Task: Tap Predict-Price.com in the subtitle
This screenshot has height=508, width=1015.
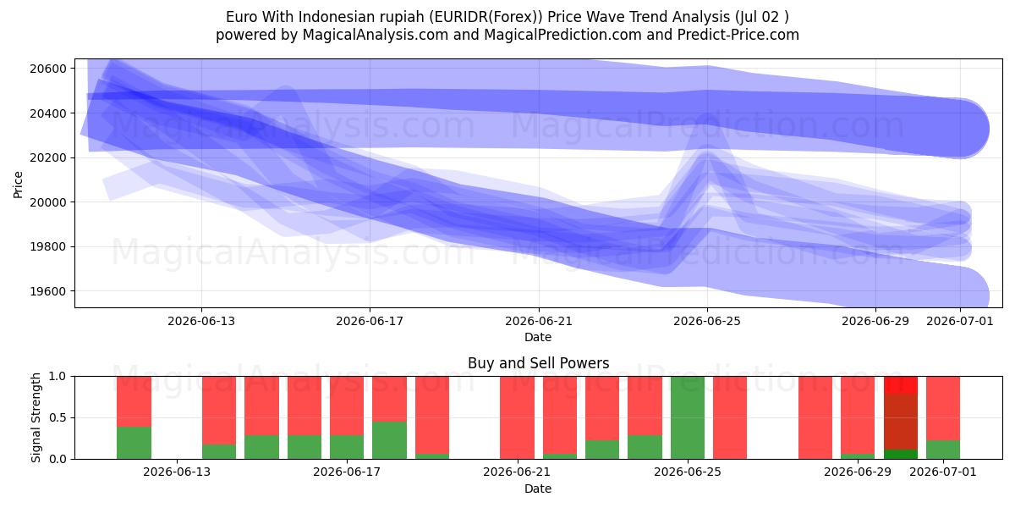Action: (x=738, y=35)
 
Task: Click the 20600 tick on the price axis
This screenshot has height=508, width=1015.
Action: (x=48, y=69)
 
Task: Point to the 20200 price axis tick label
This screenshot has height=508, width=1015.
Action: (x=48, y=157)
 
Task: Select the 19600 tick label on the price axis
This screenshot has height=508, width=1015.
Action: (x=48, y=291)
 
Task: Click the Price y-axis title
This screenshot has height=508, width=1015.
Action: (x=18, y=185)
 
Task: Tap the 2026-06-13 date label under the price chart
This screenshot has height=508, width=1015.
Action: (x=201, y=321)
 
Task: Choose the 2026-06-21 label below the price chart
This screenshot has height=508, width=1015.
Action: (x=539, y=321)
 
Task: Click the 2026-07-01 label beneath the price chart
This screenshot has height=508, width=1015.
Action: (x=960, y=321)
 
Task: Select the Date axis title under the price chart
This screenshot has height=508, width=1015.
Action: (x=538, y=337)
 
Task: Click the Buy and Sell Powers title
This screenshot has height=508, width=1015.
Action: (x=538, y=363)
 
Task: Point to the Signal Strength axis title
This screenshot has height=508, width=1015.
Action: (x=36, y=417)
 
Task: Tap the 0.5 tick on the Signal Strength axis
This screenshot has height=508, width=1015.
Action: (x=58, y=417)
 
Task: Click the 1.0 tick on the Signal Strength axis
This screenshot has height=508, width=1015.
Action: (x=58, y=377)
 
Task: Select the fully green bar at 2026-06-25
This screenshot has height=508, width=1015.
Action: (x=688, y=417)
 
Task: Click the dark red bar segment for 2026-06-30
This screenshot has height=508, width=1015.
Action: (x=901, y=422)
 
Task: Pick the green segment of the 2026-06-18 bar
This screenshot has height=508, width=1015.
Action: (x=389, y=440)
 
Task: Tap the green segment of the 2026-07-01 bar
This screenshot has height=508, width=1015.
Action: (x=943, y=450)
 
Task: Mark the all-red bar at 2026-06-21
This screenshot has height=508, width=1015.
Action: (x=517, y=417)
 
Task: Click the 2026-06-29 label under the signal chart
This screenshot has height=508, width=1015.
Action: (x=858, y=472)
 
